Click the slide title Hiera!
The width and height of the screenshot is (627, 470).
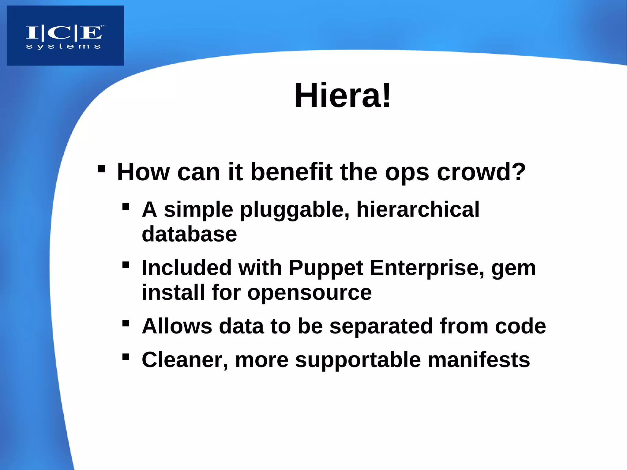343,96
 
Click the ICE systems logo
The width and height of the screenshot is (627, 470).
65,36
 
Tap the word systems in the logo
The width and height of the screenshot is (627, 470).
63,47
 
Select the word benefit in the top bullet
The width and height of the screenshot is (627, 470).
291,172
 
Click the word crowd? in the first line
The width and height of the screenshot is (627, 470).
481,172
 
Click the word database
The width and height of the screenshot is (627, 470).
189,234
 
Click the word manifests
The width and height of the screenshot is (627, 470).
479,360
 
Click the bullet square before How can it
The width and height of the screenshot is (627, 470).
101,169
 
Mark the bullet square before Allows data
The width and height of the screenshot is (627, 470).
126,323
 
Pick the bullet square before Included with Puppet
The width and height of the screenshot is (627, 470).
126,265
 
